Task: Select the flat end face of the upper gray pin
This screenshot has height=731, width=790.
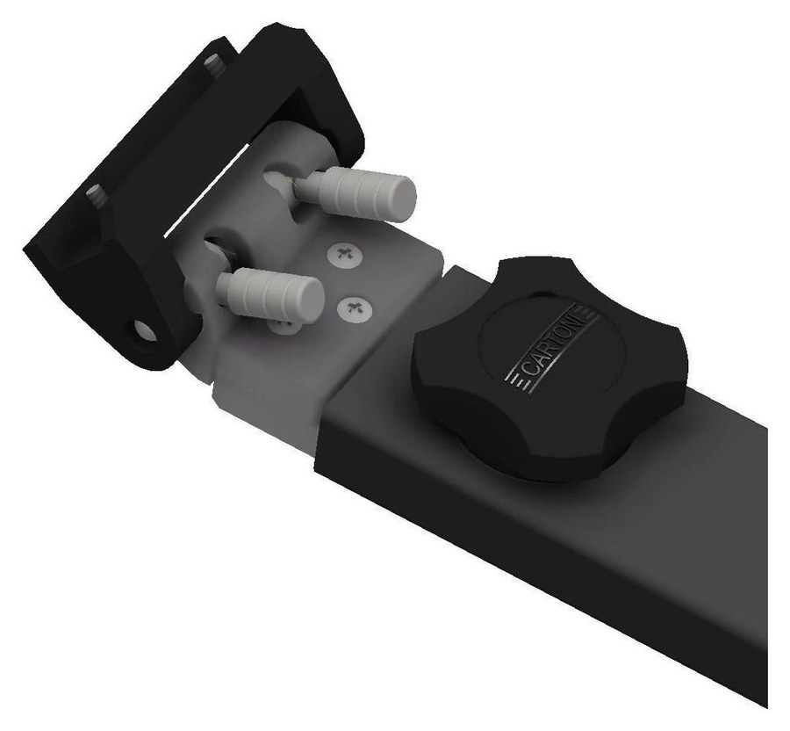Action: pos(404,199)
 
